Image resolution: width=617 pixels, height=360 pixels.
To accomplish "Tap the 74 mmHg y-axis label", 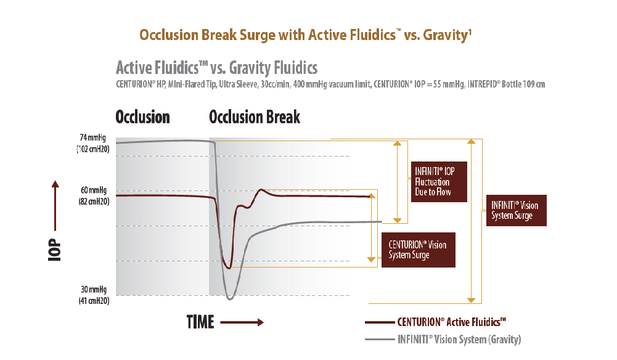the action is [93, 143].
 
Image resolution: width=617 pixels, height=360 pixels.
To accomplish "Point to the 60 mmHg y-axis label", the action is [94, 195].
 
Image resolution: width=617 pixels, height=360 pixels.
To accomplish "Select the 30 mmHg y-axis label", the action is [94, 295].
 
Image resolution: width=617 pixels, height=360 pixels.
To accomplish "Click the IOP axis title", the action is [55, 250].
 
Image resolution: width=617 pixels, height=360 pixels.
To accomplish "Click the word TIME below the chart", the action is [200, 322].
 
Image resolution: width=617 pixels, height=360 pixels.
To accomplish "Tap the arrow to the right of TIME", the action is [242, 322].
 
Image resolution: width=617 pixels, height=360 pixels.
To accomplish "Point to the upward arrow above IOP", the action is [55, 205].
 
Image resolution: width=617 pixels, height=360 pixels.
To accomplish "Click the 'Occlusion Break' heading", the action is [255, 117].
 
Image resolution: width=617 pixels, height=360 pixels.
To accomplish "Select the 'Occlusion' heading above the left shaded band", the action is [142, 117].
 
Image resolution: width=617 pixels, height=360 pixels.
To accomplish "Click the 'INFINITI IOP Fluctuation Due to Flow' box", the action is [439, 182].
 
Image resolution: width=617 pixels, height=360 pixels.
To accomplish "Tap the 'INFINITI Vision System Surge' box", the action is [517, 210].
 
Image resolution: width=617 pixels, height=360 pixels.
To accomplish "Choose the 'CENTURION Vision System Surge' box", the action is [419, 250].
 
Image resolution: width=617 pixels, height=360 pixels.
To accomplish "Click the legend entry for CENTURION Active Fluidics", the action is [436, 322].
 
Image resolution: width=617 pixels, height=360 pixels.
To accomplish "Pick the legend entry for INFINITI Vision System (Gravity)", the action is [443, 339].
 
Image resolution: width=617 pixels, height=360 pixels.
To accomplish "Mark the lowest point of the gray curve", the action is [230, 300].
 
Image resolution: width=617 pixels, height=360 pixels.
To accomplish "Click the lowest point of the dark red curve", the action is [229, 268].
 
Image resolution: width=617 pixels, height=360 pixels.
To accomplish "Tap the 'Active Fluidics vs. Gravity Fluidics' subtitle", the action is [216, 68].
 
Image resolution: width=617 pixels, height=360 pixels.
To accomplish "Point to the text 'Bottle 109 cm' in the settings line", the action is [523, 84].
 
